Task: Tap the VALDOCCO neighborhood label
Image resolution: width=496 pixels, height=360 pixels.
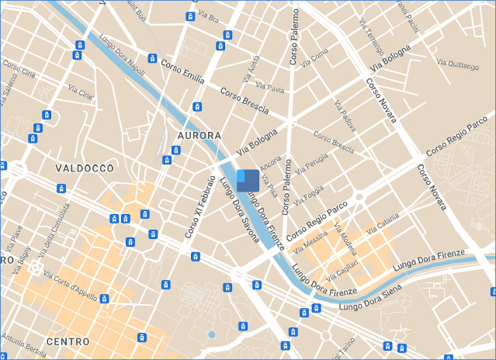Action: (x=85, y=168)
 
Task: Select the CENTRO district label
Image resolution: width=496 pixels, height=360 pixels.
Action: (x=68, y=341)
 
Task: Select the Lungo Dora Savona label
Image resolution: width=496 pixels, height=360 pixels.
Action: (x=239, y=210)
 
